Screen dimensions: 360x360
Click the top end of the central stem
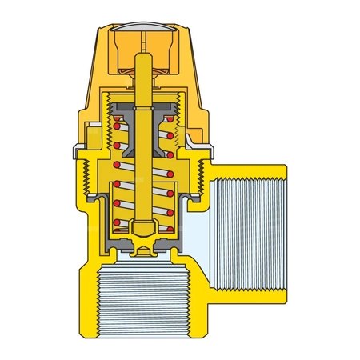tap(143, 58)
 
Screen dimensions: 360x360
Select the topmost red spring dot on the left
tap(117, 125)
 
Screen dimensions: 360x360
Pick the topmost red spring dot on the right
tap(170, 125)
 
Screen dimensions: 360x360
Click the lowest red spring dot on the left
tap(117, 222)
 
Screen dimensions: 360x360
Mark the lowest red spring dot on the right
tap(170, 222)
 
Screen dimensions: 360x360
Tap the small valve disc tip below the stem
tap(143, 251)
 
